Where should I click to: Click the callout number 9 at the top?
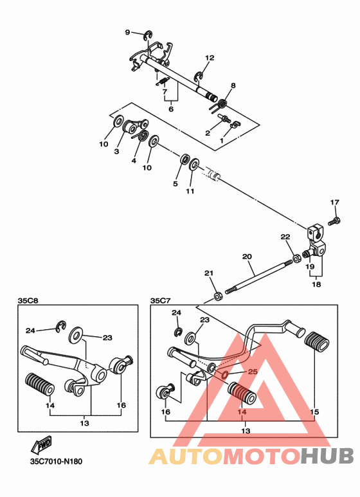[127, 32]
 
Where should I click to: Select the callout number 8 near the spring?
[233, 86]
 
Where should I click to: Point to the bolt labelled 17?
[335, 221]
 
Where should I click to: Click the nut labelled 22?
[297, 258]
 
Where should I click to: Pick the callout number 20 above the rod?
[247, 256]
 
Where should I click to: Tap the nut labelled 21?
[218, 296]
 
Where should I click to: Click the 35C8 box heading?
[28, 300]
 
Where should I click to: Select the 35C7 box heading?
[160, 300]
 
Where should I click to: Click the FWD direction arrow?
[41, 444]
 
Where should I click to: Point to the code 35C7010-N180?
[56, 461]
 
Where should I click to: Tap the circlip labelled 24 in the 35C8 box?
[60, 327]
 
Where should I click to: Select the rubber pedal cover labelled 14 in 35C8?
[40, 384]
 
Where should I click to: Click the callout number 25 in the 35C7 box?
[253, 371]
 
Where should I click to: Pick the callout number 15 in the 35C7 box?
[314, 411]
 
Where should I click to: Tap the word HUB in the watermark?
[327, 455]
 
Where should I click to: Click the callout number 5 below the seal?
[175, 183]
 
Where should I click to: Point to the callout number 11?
[190, 191]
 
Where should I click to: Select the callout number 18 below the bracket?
[316, 284]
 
